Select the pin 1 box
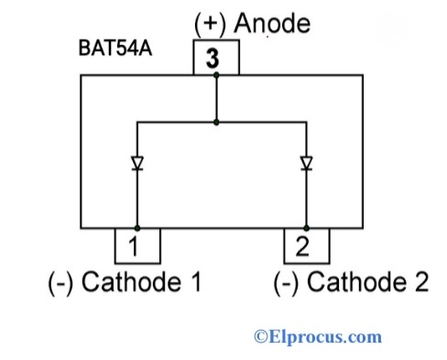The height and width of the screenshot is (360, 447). point(136,245)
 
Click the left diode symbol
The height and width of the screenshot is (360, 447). point(137,164)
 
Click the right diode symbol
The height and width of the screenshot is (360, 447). point(306,164)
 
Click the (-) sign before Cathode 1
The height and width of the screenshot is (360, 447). point(61,283)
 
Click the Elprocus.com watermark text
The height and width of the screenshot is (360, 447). point(323,337)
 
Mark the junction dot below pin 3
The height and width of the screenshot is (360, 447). point(215,76)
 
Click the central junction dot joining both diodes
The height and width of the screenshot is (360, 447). point(215,119)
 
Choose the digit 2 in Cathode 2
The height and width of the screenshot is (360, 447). point(420,283)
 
